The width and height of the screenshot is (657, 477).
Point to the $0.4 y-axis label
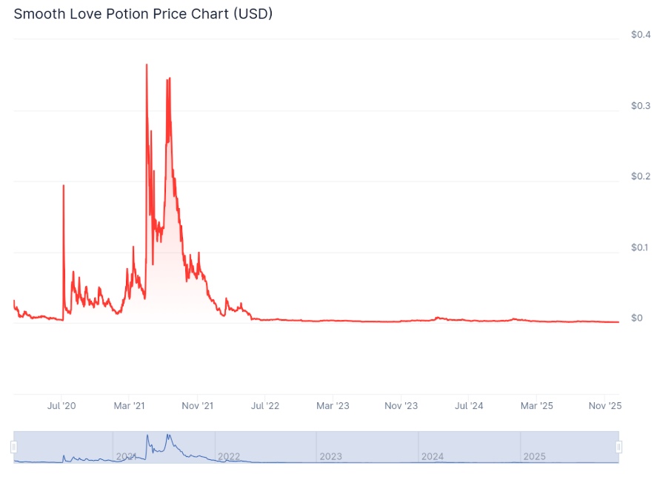click(641, 34)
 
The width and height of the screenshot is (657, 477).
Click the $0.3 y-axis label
click(641, 106)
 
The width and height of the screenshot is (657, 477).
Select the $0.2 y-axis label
click(641, 176)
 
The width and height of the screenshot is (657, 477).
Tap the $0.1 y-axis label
click(639, 247)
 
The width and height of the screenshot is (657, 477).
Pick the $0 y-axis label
click(637, 318)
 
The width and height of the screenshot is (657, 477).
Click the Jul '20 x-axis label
click(61, 406)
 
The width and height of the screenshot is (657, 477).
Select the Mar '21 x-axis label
click(129, 406)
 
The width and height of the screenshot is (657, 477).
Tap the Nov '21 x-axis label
click(197, 406)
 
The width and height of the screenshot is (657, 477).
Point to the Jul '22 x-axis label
click(265, 406)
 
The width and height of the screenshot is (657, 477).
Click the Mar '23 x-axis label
click(333, 406)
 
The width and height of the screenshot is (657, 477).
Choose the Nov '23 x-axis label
click(401, 406)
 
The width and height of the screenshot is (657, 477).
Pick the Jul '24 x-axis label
click(469, 406)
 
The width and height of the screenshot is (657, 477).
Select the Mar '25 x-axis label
click(537, 406)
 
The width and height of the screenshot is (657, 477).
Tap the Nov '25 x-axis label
click(605, 406)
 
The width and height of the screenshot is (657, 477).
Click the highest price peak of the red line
click(147, 64)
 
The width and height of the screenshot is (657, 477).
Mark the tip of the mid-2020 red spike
click(64, 185)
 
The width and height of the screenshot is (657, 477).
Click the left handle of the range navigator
click(14, 447)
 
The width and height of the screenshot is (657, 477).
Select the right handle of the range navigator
click(619, 447)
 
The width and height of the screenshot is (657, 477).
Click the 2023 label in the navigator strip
click(330, 456)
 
